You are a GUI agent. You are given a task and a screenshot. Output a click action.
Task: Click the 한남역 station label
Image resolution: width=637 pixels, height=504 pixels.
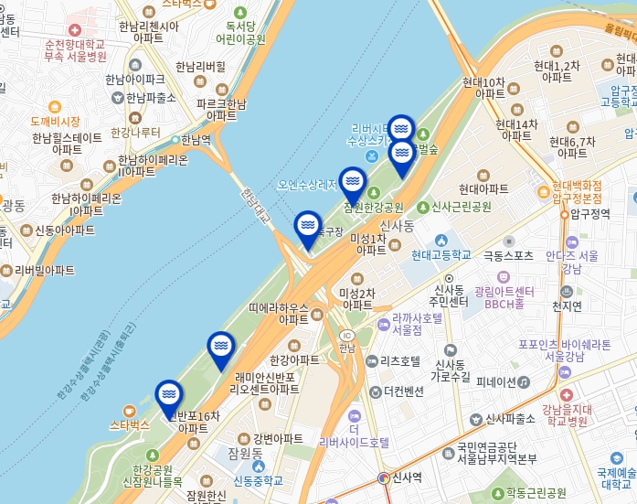(195, 140)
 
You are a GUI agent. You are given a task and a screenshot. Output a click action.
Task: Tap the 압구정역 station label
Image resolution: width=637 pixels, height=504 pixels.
(589, 214)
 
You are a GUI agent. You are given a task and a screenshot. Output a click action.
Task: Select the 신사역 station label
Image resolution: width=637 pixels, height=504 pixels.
(406, 477)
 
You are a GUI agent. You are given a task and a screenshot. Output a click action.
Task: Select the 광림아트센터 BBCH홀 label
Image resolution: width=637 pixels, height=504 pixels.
(503, 296)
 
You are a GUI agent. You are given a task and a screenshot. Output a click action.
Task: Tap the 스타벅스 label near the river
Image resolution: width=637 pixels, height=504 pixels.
(129, 424)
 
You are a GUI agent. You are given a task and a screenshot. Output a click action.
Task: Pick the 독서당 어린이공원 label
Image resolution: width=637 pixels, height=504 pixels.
(240, 33)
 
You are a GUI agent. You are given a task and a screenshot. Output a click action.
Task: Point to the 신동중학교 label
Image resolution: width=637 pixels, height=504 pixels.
(258, 480)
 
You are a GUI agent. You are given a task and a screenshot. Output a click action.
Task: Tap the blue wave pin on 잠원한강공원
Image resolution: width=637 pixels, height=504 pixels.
(353, 181)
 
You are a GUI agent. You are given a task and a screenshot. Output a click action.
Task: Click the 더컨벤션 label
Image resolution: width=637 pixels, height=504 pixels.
(403, 391)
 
